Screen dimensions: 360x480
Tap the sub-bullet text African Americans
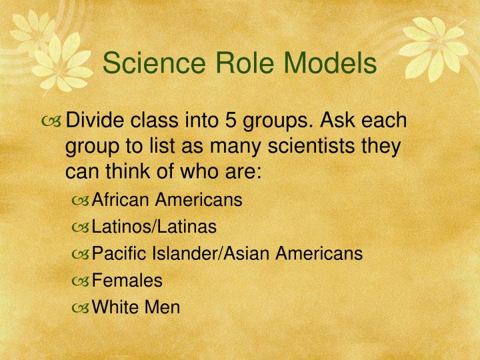167,200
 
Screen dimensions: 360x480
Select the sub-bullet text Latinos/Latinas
154,227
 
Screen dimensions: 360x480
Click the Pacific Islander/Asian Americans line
227,253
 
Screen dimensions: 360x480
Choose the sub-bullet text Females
127,281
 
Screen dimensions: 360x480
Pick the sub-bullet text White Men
136,307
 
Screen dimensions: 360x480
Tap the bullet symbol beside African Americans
81,201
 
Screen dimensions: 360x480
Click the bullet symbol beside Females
81,281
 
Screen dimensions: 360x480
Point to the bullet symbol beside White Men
81,308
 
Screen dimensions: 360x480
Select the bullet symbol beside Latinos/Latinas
81,228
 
